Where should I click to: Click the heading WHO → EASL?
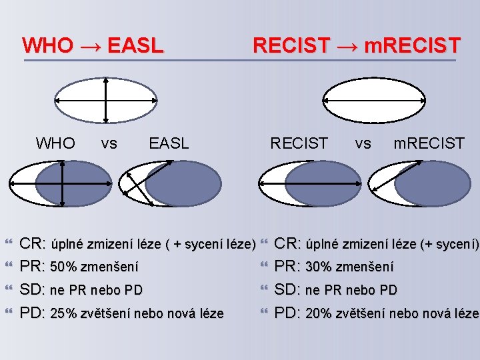[93, 45]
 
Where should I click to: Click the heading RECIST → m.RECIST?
[356, 45]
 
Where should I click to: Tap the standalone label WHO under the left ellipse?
[55, 143]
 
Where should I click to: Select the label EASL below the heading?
[169, 143]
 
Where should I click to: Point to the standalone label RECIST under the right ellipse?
[299, 143]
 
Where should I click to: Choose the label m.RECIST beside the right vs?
[429, 143]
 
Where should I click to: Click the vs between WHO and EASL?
[109, 143]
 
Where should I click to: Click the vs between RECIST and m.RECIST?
[363, 143]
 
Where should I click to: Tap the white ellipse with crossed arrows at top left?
[106, 100]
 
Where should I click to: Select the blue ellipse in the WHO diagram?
[75, 183]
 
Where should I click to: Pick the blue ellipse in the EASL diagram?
[183, 183]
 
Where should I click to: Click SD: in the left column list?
[32, 290]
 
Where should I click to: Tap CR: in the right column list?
[289, 244]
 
